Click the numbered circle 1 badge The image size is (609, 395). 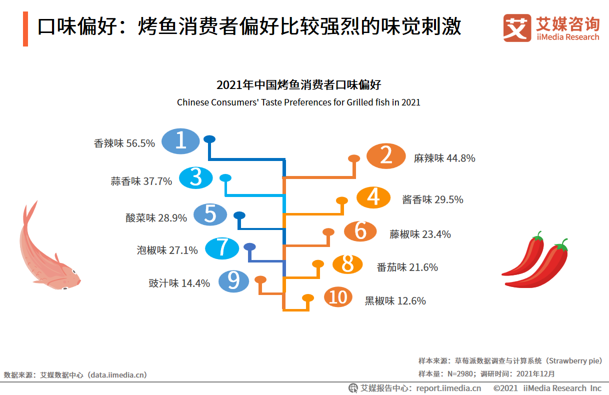click(x=180, y=140)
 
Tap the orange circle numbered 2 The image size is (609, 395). click(x=385, y=156)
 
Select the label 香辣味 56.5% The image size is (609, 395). click(x=124, y=143)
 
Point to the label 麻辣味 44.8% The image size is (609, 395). click(x=444, y=158)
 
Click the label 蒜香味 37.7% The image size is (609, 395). click(x=141, y=181)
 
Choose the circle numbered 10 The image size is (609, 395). click(x=338, y=297)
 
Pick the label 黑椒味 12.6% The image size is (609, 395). click(x=395, y=301)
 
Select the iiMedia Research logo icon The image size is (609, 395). click(x=517, y=28)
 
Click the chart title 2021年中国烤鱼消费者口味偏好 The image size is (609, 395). click(x=298, y=84)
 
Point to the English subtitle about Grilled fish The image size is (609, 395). click(x=298, y=102)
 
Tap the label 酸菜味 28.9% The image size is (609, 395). click(x=156, y=218)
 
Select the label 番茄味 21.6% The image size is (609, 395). click(x=407, y=267)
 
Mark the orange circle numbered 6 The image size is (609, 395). click(x=360, y=231)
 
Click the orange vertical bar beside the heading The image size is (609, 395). click(x=25, y=29)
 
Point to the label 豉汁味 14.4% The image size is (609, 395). click(x=179, y=283)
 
